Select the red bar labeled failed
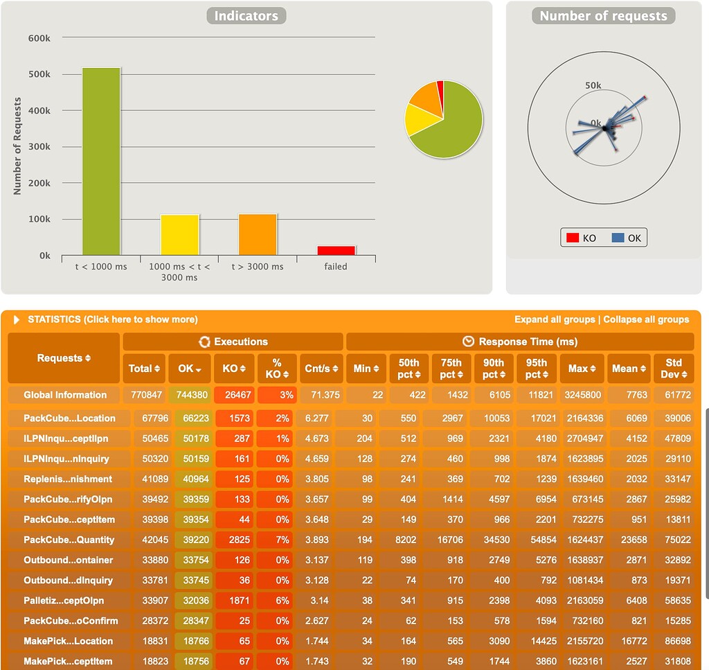(336, 250)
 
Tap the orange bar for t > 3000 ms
(258, 234)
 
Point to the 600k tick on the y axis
(39, 38)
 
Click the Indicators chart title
(246, 16)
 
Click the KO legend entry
(581, 238)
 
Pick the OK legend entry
(627, 238)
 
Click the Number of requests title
(603, 16)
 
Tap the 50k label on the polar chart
(593, 86)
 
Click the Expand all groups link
(555, 319)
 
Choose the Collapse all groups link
(646, 319)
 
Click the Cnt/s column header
(321, 369)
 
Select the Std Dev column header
(674, 369)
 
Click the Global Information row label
(65, 395)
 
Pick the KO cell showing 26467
(234, 395)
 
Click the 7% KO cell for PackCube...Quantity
(277, 540)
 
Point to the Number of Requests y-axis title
(18, 146)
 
